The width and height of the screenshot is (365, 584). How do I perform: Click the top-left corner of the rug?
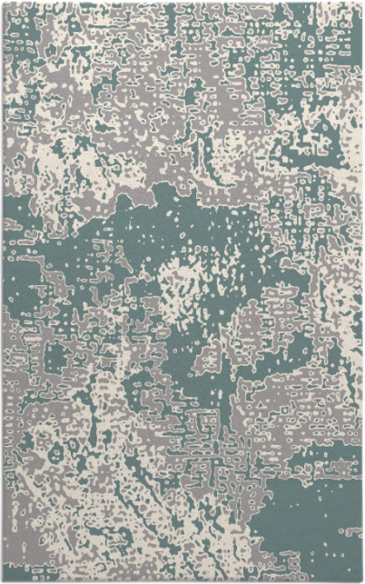pyautogui.click(x=3, y=3)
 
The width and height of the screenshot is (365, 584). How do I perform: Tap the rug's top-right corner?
pyautogui.click(x=362, y=3)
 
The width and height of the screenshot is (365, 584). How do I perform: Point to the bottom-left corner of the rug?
pyautogui.click(x=3, y=580)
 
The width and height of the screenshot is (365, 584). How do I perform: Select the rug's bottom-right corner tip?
pyautogui.click(x=362, y=580)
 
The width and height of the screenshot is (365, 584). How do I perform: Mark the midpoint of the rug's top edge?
pyautogui.click(x=182, y=3)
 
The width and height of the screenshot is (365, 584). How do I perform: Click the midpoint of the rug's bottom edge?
pyautogui.click(x=182, y=580)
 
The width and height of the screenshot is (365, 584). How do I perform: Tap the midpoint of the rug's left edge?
pyautogui.click(x=3, y=292)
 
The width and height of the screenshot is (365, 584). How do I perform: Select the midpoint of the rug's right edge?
pyautogui.click(x=362, y=292)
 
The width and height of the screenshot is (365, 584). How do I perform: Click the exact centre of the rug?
pyautogui.click(x=182, y=292)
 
